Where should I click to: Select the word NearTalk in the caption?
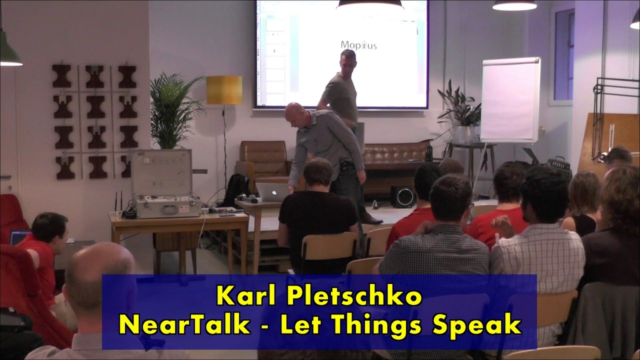coord(184,325)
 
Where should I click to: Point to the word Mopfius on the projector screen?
coord(358,45)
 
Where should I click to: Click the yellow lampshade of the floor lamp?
coord(224,90)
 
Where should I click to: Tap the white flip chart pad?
coord(509,100)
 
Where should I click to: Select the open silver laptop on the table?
coord(273,192)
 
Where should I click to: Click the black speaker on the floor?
coord(402,197)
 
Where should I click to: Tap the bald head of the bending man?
coord(294,113)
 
